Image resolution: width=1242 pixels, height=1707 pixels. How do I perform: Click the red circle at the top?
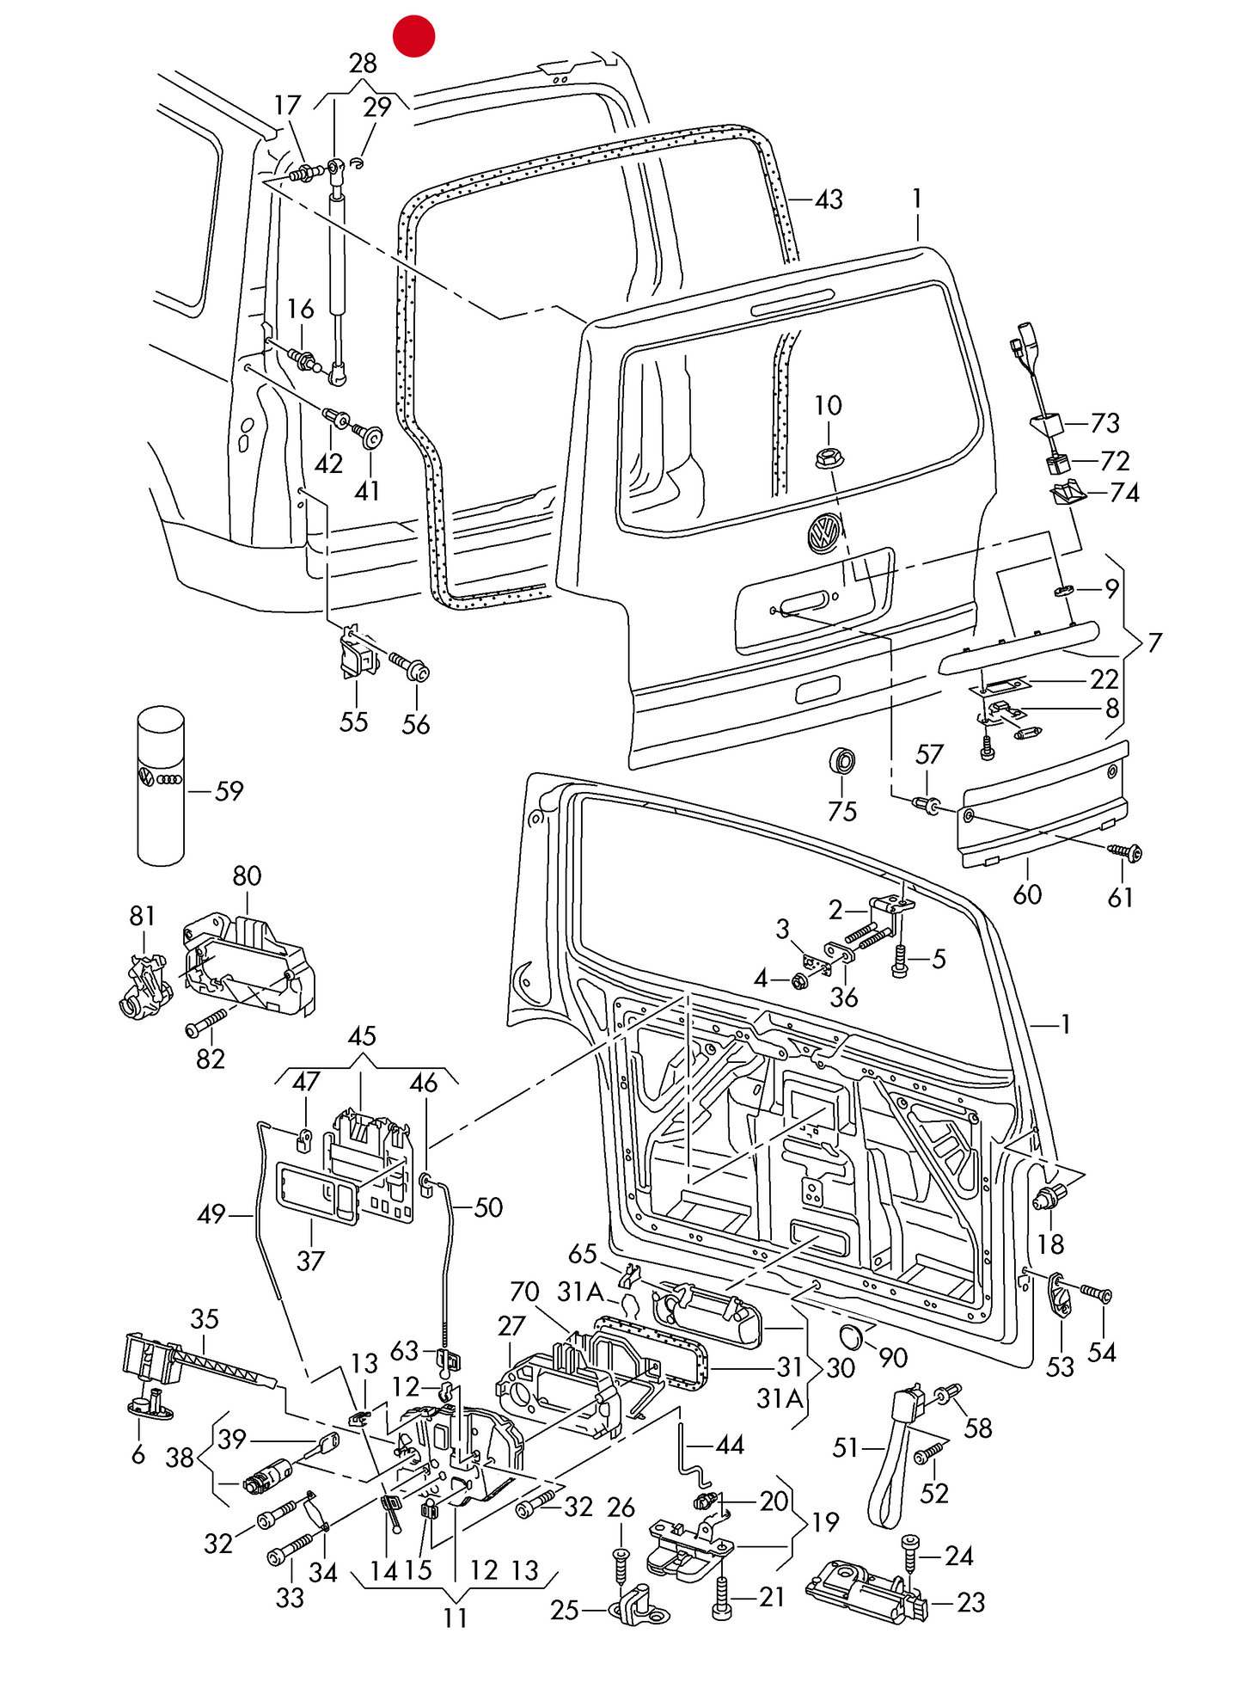tap(413, 36)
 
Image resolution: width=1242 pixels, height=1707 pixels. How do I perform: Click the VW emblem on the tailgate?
tap(824, 532)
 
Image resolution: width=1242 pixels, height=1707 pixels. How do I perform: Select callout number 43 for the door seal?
tap(829, 200)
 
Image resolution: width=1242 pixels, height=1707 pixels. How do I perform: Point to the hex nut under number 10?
tap(829, 458)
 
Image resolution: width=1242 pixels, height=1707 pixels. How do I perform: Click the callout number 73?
tap(1105, 423)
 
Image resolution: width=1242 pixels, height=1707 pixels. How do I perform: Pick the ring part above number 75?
tap(842, 761)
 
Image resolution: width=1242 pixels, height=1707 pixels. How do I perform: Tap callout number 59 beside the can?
tap(229, 791)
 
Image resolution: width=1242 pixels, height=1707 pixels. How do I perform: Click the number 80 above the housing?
tap(247, 876)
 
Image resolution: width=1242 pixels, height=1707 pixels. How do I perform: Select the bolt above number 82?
tap(206, 1023)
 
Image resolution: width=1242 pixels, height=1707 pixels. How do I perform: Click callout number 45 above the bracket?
tap(362, 1036)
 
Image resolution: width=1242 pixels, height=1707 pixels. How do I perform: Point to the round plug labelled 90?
tap(851, 1337)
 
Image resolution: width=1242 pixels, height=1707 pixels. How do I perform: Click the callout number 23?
tap(970, 1603)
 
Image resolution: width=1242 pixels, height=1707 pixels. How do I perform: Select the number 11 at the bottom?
tap(455, 1618)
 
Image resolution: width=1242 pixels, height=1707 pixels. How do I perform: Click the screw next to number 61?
tap(1126, 852)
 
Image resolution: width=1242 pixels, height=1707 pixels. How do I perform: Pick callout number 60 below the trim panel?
tap(1027, 895)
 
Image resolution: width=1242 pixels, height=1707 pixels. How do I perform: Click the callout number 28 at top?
tap(363, 64)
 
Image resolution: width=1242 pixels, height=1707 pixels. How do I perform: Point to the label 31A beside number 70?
tap(581, 1292)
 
